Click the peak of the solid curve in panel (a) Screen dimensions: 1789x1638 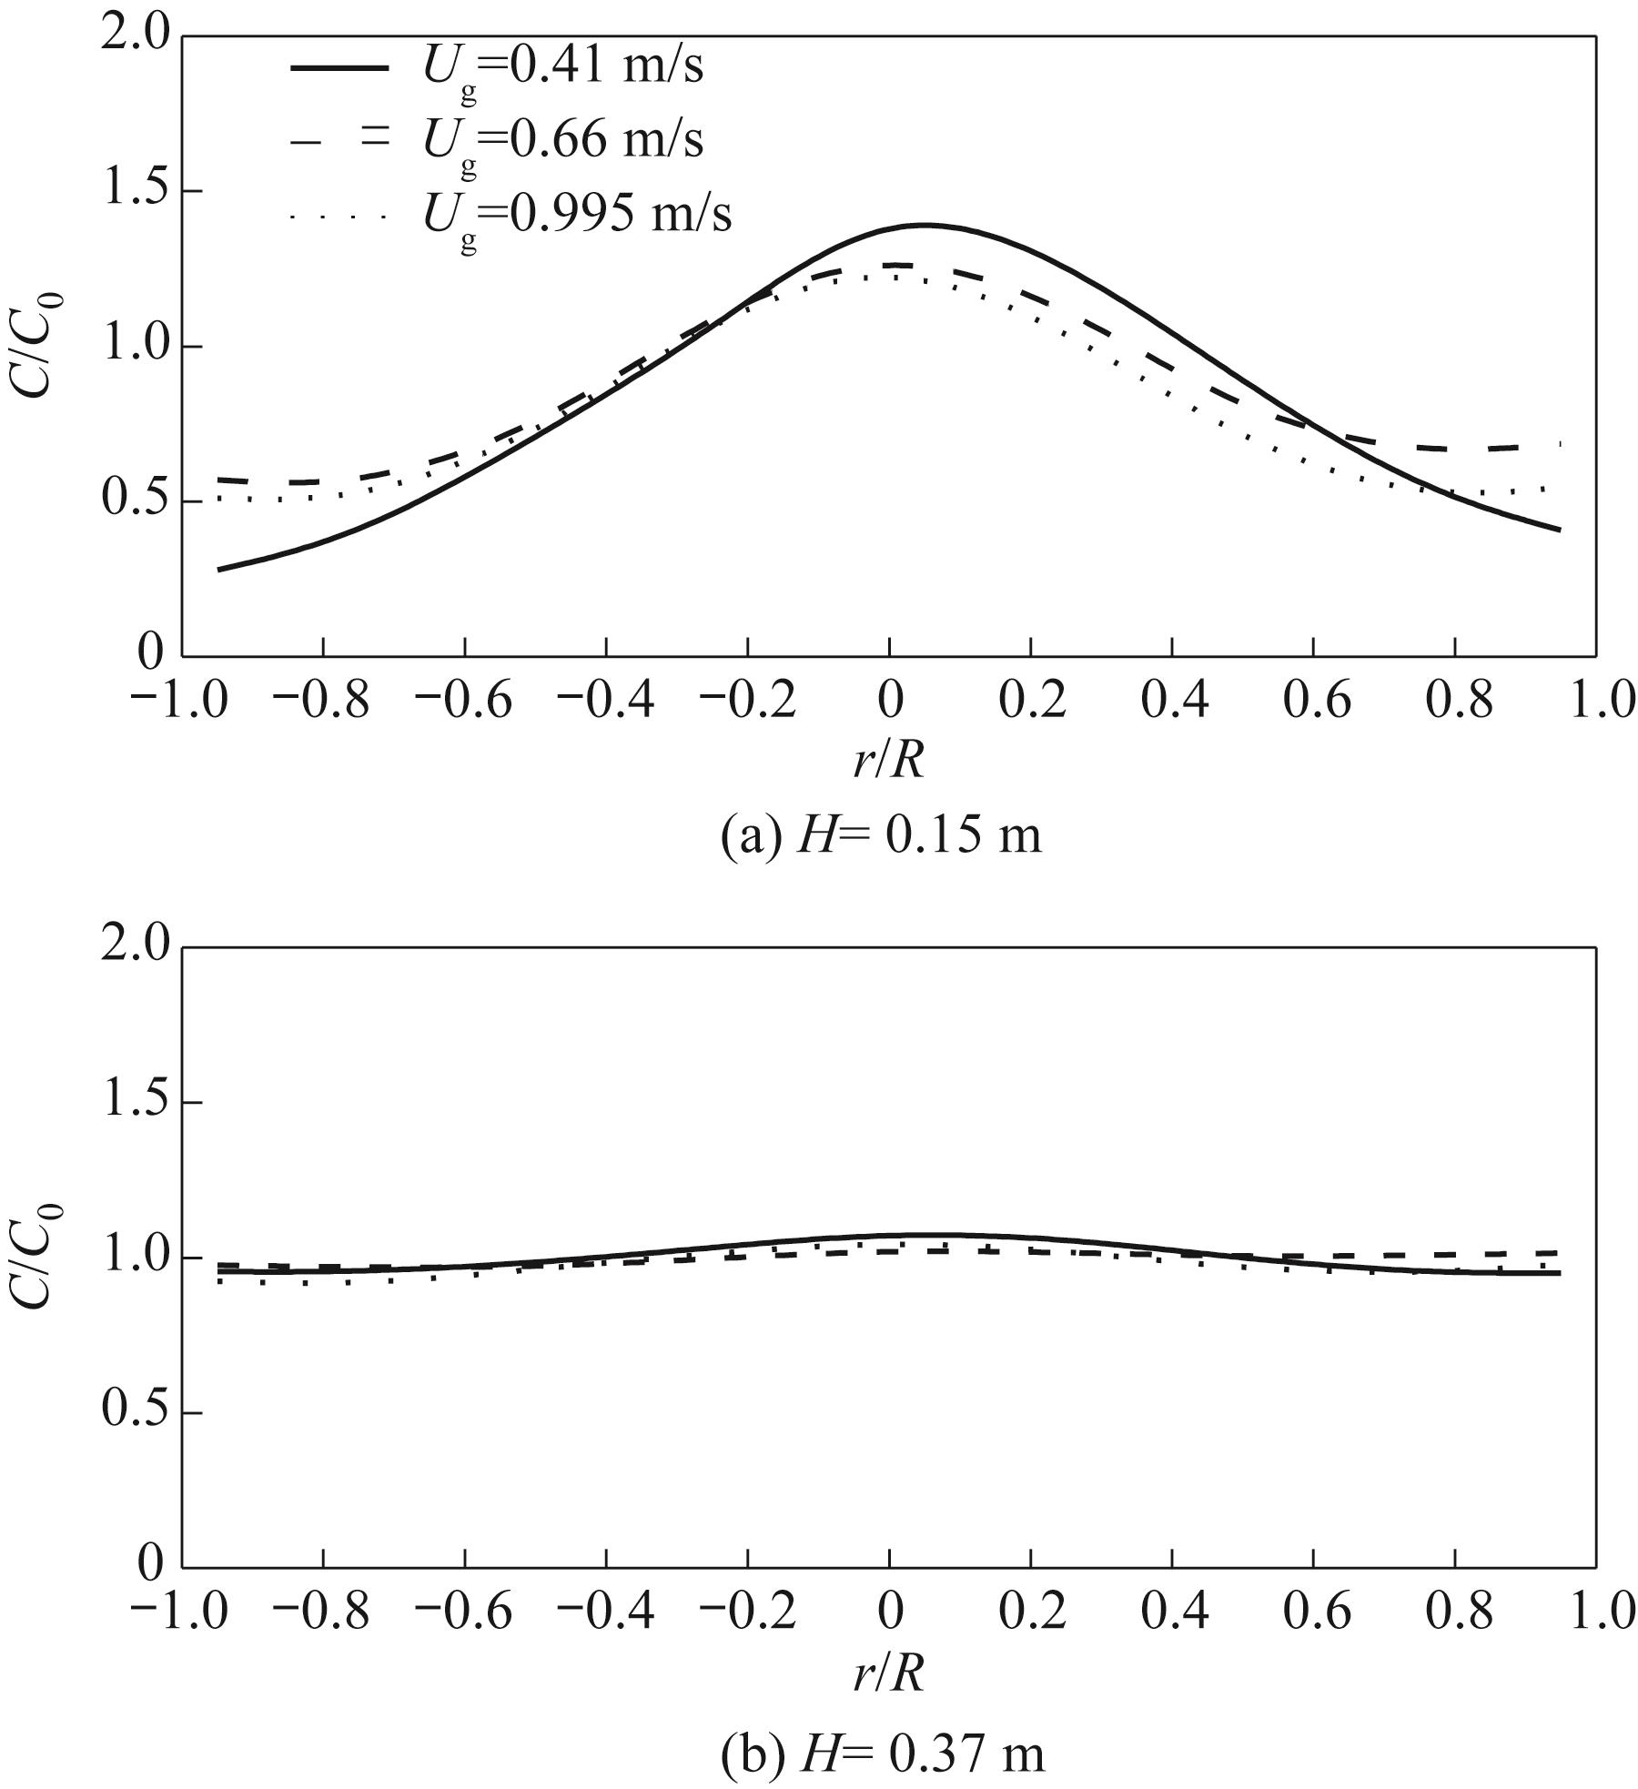pos(925,225)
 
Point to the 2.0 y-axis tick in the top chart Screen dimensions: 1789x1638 pos(136,36)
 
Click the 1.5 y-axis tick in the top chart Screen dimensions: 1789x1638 pos(136,192)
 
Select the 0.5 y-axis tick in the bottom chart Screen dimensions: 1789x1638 pos(136,1413)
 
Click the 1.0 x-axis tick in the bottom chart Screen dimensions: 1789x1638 pos(1594,1614)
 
